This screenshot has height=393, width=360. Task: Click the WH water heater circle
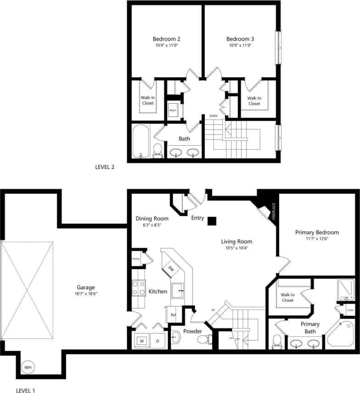28,367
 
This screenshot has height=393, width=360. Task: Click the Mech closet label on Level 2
173,110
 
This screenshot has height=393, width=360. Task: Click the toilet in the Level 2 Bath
157,150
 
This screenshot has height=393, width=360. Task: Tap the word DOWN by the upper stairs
213,116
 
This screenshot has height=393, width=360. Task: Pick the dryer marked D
157,341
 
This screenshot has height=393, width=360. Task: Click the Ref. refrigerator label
174,315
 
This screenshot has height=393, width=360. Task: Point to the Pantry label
136,259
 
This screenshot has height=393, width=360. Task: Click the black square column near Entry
211,221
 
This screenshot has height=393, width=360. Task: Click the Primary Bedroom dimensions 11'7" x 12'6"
317,239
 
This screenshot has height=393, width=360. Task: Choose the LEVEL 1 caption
25,390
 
